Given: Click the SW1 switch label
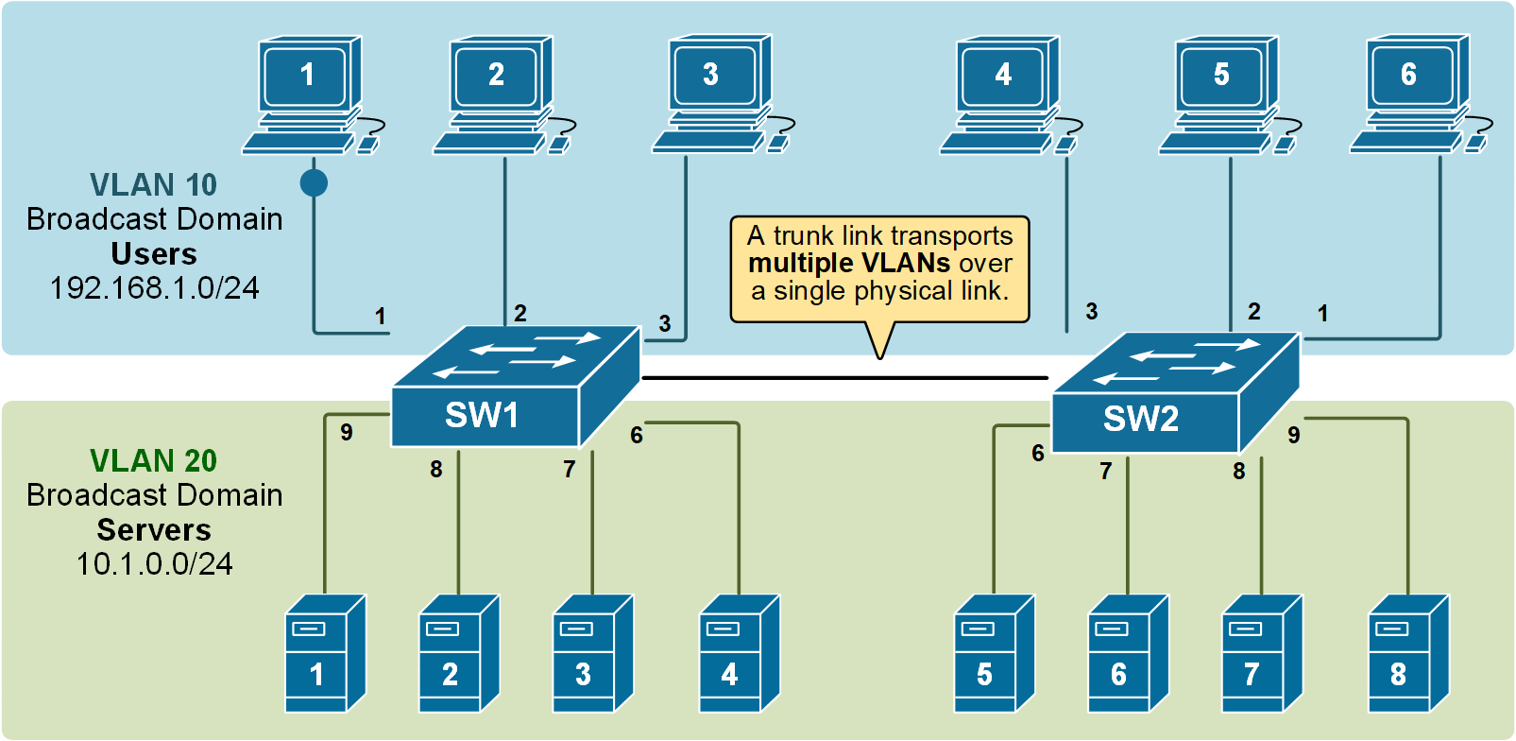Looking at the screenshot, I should point(482,415).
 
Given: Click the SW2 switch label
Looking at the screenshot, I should point(1141,419).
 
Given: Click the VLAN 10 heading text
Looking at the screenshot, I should point(153,184).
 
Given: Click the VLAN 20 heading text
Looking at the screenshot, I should point(153,460).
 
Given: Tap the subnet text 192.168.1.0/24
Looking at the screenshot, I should point(154,288).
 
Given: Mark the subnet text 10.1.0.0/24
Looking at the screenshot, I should point(154,564).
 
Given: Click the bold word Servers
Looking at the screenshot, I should point(154,529).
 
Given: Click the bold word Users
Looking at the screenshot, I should point(154,254).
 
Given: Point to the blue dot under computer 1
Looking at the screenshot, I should point(314,182).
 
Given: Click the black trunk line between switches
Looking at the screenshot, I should point(845,377).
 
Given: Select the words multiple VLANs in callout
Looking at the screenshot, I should point(848,263).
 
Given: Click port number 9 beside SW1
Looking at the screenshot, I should point(347,432).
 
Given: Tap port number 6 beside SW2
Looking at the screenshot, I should point(1037,454).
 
